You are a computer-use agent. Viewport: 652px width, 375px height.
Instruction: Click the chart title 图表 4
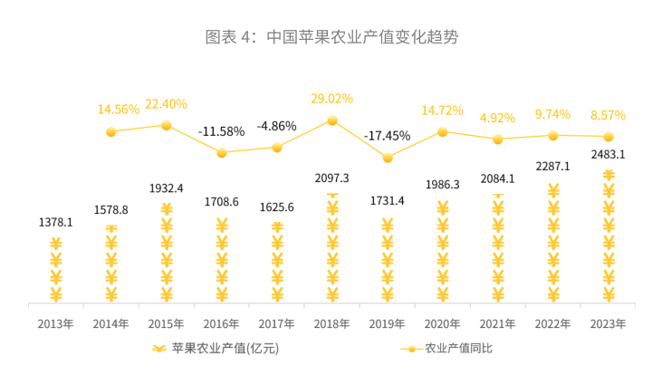click(x=331, y=38)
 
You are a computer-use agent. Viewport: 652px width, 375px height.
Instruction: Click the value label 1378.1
click(x=56, y=221)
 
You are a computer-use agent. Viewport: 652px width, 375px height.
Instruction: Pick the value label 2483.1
click(x=609, y=155)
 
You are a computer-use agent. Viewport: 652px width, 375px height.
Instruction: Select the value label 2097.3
click(x=332, y=178)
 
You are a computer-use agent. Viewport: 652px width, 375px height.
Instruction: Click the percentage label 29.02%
click(x=332, y=98)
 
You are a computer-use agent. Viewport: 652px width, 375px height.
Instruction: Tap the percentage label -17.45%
click(x=388, y=136)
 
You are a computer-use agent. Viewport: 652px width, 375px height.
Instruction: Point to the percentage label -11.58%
click(x=222, y=131)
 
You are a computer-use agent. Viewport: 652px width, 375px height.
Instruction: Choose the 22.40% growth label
click(x=167, y=103)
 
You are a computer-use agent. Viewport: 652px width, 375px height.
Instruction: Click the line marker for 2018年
click(x=332, y=120)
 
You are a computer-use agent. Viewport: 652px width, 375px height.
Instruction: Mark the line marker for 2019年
click(x=388, y=158)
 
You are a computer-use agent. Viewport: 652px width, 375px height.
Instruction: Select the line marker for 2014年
click(x=111, y=131)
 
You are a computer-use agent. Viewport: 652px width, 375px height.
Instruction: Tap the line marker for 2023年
click(x=609, y=137)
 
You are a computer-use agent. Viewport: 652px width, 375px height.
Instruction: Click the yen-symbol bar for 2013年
click(x=56, y=270)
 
